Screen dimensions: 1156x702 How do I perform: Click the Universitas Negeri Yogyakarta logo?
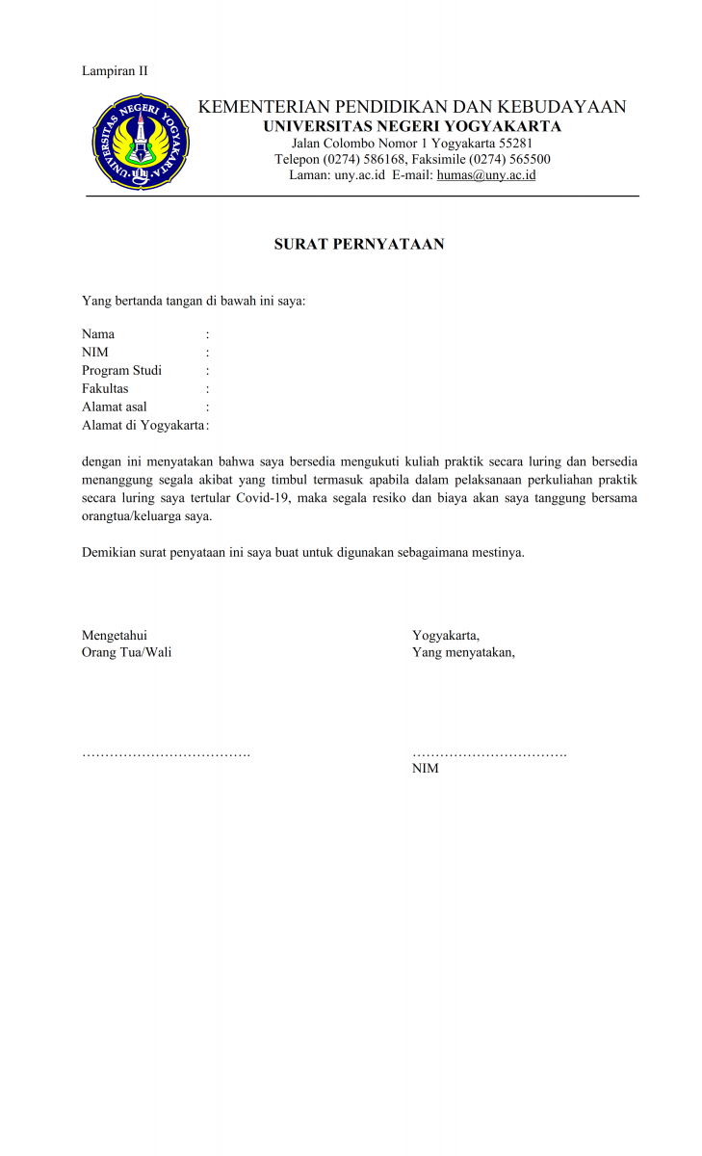pyautogui.click(x=141, y=143)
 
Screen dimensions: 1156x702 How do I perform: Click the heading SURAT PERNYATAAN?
pyautogui.click(x=359, y=245)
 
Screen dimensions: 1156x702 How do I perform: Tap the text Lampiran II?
pyautogui.click(x=115, y=70)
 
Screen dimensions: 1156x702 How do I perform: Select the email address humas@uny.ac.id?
pyautogui.click(x=486, y=175)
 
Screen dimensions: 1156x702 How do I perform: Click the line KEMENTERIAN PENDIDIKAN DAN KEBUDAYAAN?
pyautogui.click(x=412, y=107)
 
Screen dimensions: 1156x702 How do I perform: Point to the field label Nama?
pyautogui.click(x=98, y=334)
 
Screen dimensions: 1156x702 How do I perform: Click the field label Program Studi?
pyautogui.click(x=121, y=371)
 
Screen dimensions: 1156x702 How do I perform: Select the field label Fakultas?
pyautogui.click(x=105, y=389)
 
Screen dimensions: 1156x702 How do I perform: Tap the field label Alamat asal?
pyautogui.click(x=115, y=407)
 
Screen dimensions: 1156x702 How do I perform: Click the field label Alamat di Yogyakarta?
pyautogui.click(x=143, y=426)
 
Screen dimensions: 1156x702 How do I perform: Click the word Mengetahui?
pyautogui.click(x=115, y=635)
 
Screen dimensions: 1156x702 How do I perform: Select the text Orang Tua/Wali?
pyautogui.click(x=127, y=653)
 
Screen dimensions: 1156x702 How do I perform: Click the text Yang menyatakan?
pyautogui.click(x=463, y=653)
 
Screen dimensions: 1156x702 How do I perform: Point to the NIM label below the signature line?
pyautogui.click(x=426, y=769)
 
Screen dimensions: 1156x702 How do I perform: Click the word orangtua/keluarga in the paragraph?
pyautogui.click(x=131, y=516)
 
